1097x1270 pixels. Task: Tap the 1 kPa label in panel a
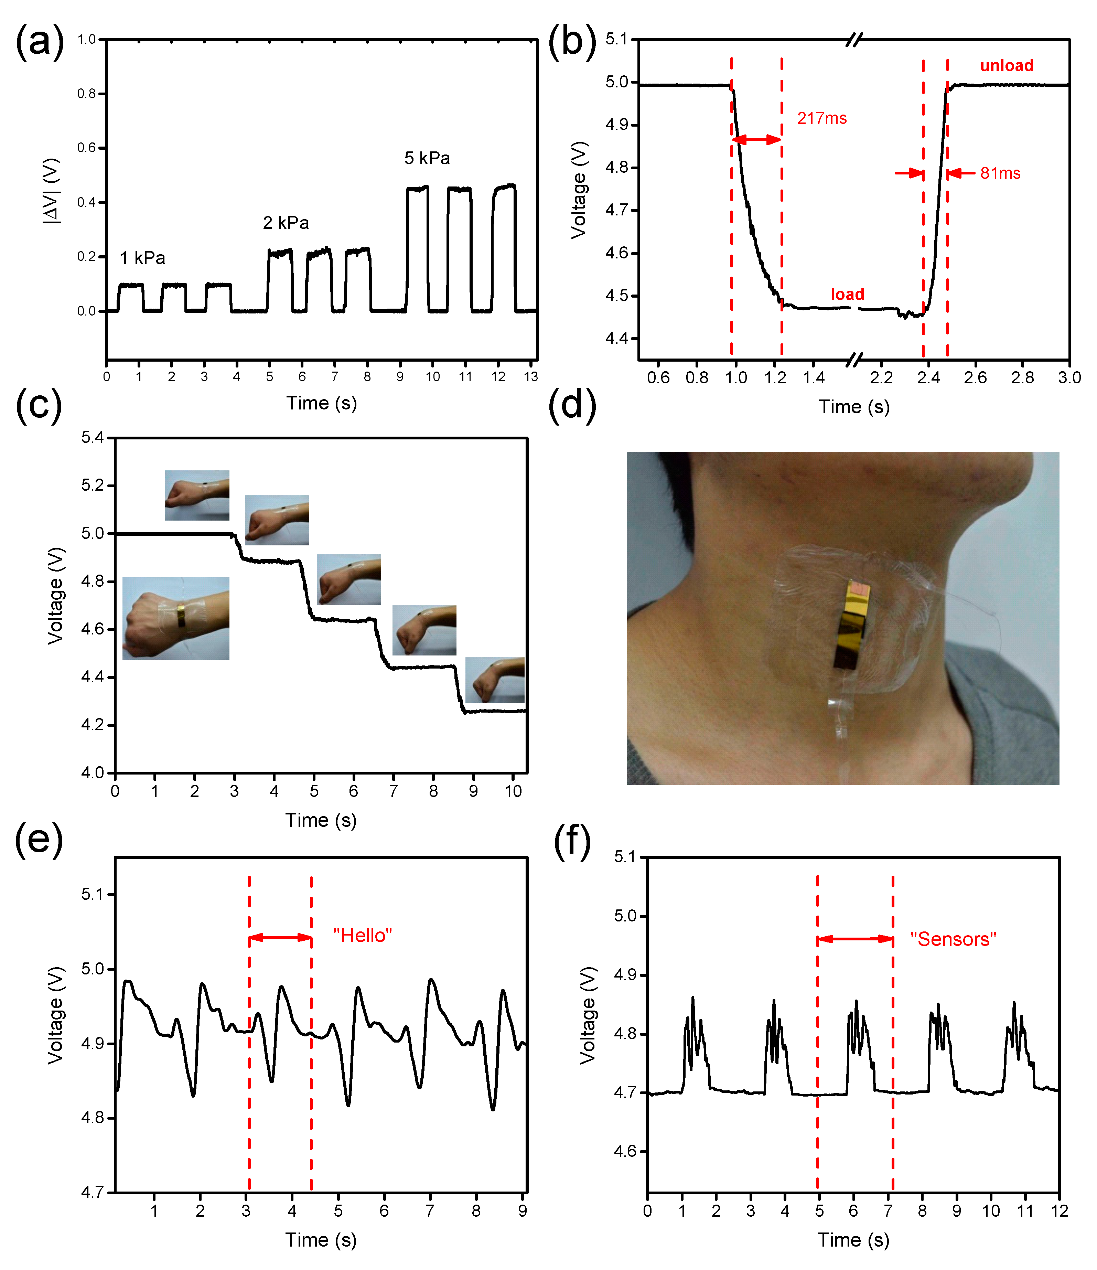(142, 258)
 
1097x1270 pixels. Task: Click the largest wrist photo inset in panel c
(176, 618)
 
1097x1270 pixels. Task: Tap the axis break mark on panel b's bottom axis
(854, 360)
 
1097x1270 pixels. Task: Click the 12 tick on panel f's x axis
(1059, 1211)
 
